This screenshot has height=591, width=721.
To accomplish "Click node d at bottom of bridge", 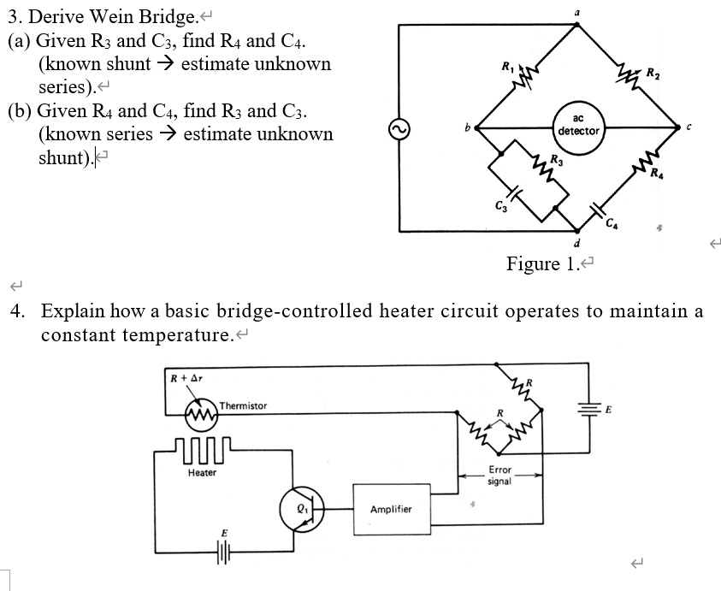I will [578, 242].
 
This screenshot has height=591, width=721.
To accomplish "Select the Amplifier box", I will [391, 510].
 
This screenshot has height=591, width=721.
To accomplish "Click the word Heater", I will [203, 473].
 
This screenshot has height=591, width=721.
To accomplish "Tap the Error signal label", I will [499, 476].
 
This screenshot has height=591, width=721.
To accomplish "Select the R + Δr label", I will [186, 377].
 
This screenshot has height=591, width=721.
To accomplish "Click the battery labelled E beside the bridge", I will [588, 409].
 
